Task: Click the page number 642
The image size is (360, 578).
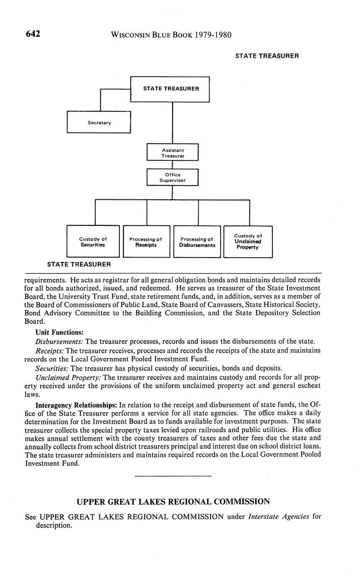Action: (33, 34)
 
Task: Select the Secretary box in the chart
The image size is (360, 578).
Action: (99, 122)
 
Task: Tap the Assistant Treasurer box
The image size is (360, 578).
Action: (172, 152)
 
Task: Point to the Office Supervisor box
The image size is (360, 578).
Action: (172, 178)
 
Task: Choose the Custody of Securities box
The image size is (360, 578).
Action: (93, 242)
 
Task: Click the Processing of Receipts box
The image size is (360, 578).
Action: (146, 242)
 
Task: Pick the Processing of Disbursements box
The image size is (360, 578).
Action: (197, 242)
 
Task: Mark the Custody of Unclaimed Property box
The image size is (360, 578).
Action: (248, 242)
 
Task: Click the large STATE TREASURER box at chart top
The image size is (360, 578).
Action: (170, 89)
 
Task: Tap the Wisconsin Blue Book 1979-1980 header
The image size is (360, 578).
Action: (171, 35)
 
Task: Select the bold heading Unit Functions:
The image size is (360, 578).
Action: (60, 332)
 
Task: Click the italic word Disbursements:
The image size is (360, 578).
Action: (60, 341)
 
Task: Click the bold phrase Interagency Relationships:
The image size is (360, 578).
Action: (76, 405)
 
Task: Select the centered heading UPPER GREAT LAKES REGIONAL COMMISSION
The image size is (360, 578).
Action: (173, 501)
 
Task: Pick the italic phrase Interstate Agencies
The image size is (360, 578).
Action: (279, 516)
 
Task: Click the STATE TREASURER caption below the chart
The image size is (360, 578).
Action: (79, 264)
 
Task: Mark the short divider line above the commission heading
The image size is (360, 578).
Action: (173, 476)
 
